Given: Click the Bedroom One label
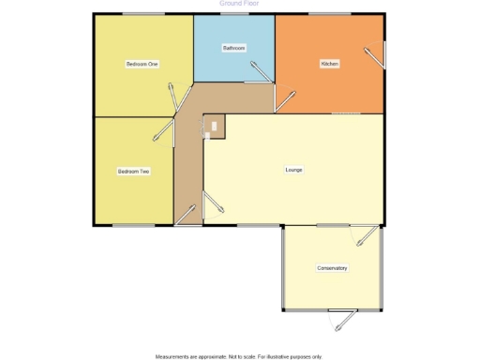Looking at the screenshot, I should (x=142, y=64).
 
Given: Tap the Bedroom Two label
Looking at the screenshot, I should (x=134, y=172).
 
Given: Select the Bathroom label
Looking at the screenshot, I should (x=233, y=48).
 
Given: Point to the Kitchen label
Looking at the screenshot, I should (x=329, y=64).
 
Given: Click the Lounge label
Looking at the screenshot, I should (x=293, y=170).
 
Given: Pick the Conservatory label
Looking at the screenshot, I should (x=332, y=268).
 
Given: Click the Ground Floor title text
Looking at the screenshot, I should (x=239, y=4).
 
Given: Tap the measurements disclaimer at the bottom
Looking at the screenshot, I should (x=239, y=356).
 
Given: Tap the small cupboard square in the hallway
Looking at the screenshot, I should (x=214, y=126).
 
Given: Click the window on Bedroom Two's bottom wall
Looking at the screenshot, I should (x=132, y=225).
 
